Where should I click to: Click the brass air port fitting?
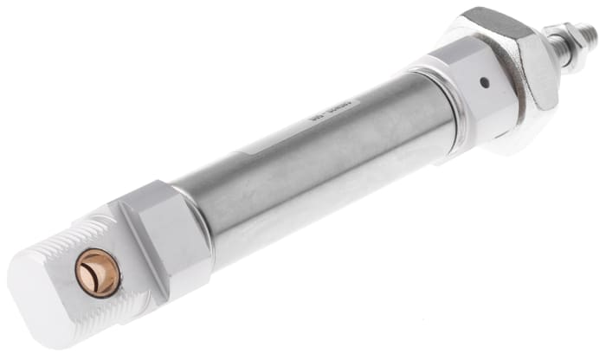(x=97, y=273)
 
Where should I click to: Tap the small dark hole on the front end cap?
(x=484, y=83)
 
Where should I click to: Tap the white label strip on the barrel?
(x=286, y=147)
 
